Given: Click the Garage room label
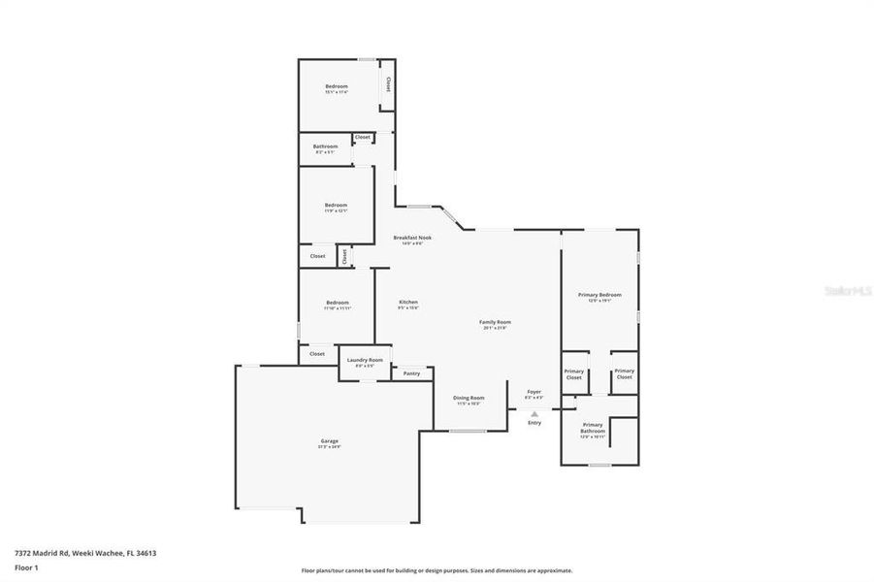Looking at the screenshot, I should (330, 441).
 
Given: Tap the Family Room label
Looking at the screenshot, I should (495, 322).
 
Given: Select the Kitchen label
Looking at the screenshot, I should (408, 303).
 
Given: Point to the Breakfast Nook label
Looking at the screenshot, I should (412, 238).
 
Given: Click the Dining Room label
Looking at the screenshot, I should (469, 398).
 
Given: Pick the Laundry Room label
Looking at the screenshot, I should (365, 361).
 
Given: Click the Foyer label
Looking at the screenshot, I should (534, 392).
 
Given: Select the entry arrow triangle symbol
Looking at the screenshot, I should (534, 413).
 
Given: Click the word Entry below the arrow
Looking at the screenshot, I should (534, 423).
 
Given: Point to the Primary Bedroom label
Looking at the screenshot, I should (599, 295).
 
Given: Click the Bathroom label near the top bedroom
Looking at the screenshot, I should (325, 147).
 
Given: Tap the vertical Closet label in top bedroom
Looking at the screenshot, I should (388, 84).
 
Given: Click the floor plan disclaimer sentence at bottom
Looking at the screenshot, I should (437, 571).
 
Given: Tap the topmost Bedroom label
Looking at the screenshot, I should (336, 86).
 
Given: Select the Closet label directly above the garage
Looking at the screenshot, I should (317, 354).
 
